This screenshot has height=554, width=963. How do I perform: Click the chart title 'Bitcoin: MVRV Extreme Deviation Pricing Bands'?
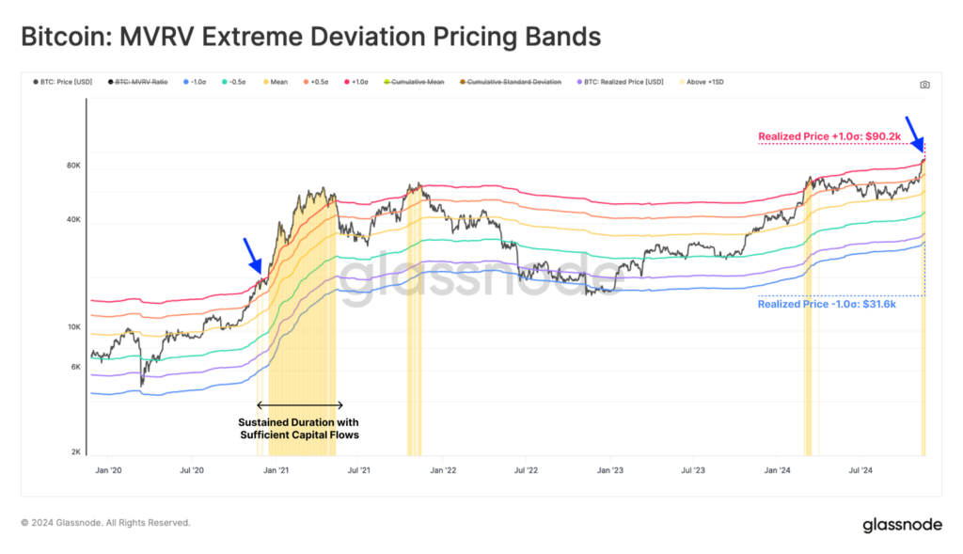tap(310, 37)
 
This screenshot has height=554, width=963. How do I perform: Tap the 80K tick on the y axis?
tap(74, 166)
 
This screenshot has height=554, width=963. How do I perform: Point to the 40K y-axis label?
tap(74, 220)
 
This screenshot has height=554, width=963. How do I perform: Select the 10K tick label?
tap(74, 327)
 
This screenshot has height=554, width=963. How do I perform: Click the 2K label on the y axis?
tap(76, 452)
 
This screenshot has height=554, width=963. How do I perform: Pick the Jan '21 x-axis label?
tap(276, 468)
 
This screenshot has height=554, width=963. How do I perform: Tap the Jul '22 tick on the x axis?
tap(527, 468)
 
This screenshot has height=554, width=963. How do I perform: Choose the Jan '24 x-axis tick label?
tap(777, 468)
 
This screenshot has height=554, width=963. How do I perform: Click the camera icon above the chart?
tap(924, 85)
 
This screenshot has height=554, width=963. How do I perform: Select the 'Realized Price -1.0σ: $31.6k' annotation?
tap(828, 305)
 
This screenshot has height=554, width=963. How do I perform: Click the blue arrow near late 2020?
tap(252, 255)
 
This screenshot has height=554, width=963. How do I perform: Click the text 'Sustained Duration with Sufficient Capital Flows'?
tap(298, 429)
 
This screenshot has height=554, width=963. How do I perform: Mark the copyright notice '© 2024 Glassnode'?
tap(105, 523)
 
